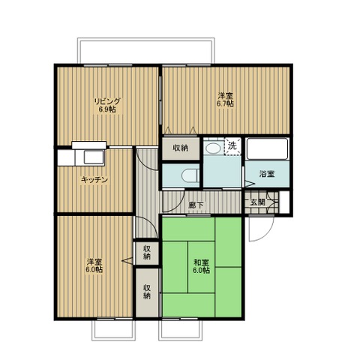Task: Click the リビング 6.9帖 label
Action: (x=108, y=105)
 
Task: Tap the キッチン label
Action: (x=94, y=179)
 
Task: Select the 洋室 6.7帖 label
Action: (x=225, y=100)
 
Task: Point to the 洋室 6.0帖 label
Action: (x=94, y=265)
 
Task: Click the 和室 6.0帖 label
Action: (x=201, y=266)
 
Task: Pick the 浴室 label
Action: (x=267, y=173)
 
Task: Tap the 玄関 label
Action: (x=257, y=202)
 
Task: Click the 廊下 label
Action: (x=196, y=205)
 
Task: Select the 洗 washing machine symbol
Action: (x=232, y=146)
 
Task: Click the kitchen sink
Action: (x=94, y=157)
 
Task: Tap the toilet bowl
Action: (x=189, y=175)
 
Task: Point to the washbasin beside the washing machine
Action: (x=213, y=148)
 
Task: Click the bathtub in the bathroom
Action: (x=267, y=148)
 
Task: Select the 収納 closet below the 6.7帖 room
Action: (x=181, y=148)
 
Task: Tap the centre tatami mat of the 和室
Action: (x=201, y=267)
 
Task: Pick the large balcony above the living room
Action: (x=146, y=51)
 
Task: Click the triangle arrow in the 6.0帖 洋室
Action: (x=127, y=260)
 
